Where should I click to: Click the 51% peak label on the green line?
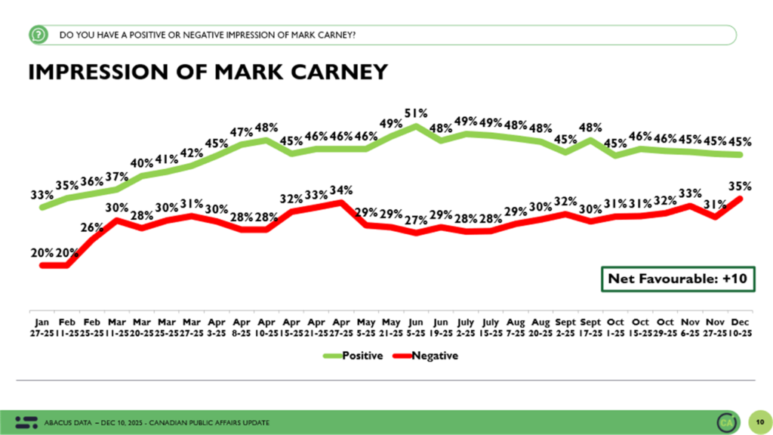pyautogui.click(x=416, y=113)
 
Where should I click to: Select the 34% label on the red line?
pyautogui.click(x=340, y=189)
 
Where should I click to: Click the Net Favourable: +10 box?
pyautogui.click(x=677, y=279)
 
